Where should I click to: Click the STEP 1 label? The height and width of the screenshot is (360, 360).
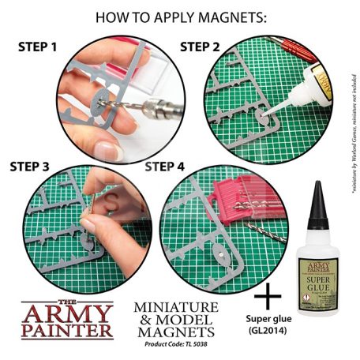pos(36,46)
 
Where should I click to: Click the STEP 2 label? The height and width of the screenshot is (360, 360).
pos(201,46)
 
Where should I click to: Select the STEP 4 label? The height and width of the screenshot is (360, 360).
pos(166,167)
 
